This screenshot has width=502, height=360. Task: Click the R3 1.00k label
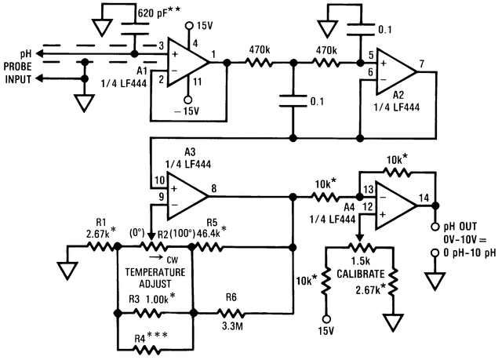(151, 299)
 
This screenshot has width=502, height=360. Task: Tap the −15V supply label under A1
(187, 111)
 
